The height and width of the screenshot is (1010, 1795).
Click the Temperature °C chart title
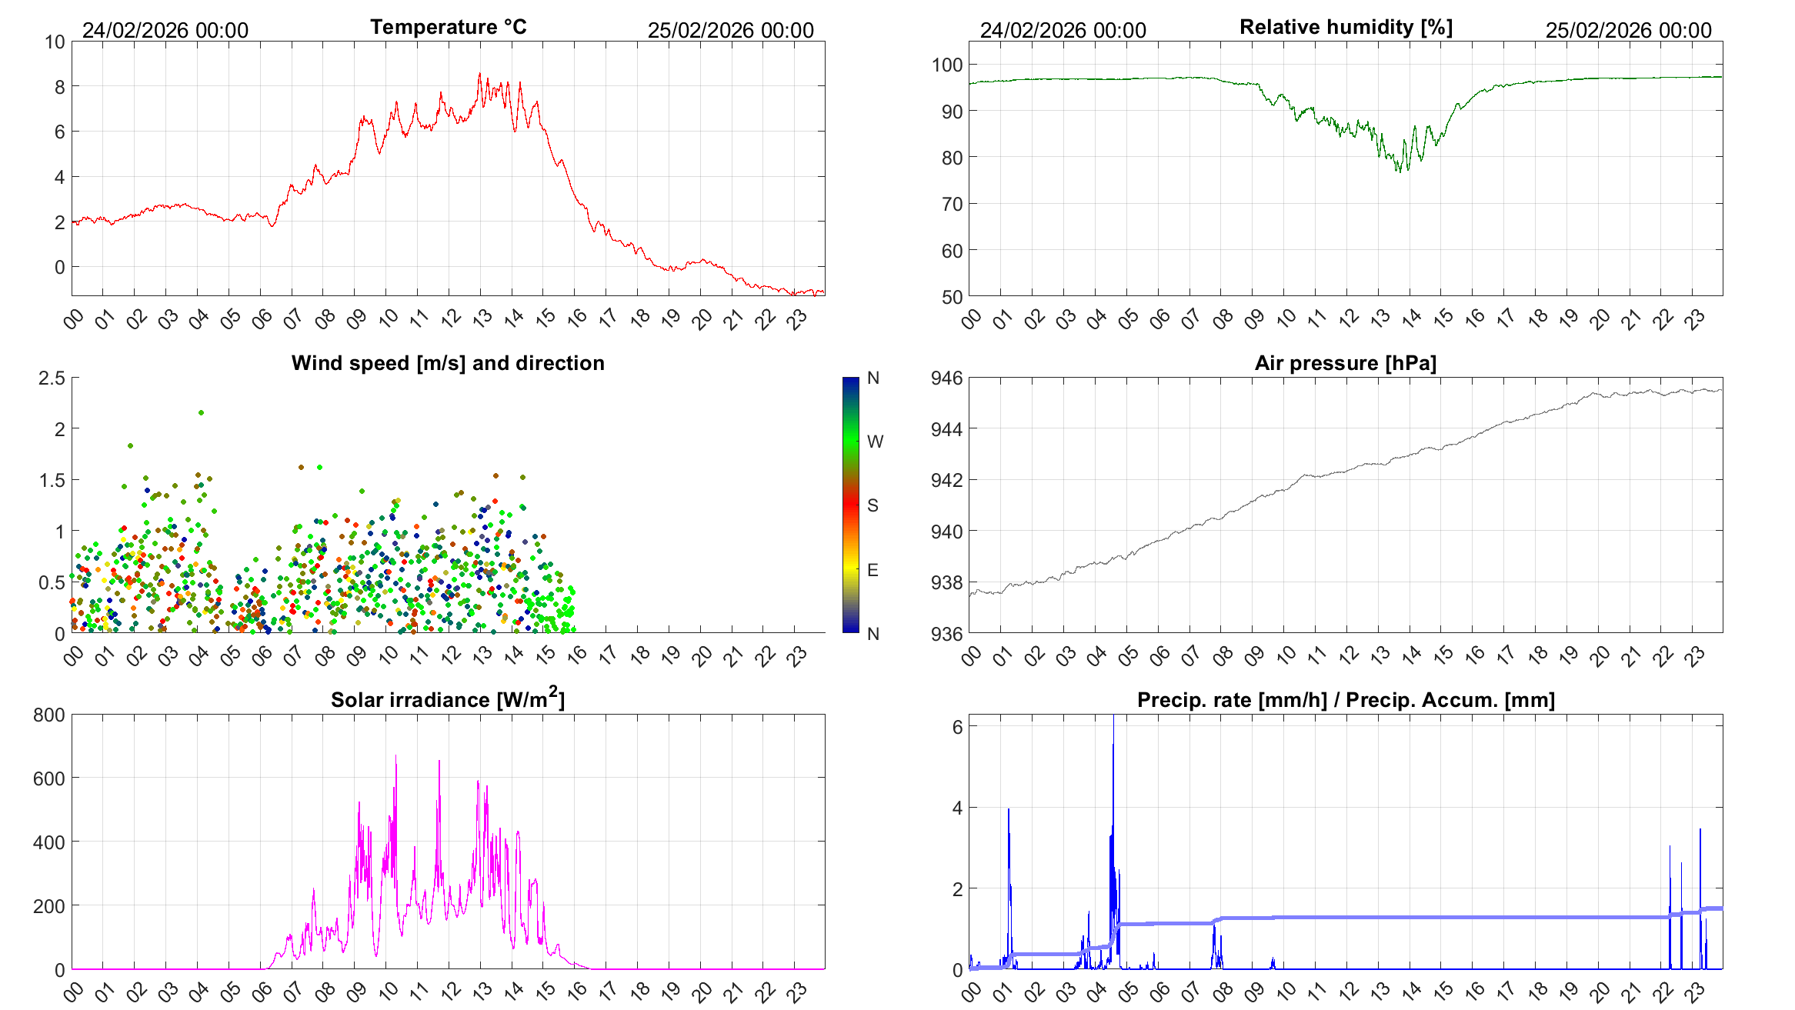[448, 27]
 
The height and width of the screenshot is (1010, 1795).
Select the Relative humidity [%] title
[1346, 27]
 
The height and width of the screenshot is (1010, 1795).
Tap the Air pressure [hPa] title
[1345, 363]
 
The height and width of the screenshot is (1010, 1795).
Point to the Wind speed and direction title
[448, 363]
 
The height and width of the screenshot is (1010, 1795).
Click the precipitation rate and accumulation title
[1346, 700]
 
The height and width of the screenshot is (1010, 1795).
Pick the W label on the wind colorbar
[875, 442]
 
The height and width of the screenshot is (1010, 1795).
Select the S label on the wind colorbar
[872, 505]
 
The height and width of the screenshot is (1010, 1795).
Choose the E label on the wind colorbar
[872, 570]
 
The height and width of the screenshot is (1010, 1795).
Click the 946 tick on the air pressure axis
[946, 378]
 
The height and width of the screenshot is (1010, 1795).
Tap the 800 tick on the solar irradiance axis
[49, 715]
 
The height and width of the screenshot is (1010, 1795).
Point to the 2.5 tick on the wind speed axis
[52, 378]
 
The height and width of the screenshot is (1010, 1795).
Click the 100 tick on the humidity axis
[947, 65]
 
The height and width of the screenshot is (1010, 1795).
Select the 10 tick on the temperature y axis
[55, 42]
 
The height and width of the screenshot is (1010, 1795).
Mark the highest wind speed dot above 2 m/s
[202, 412]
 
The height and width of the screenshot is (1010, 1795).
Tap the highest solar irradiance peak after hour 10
[396, 756]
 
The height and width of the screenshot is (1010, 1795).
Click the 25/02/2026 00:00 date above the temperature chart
[730, 31]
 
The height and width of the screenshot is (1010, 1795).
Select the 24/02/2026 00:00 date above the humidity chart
[1063, 31]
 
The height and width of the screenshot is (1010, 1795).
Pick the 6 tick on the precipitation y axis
[957, 727]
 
